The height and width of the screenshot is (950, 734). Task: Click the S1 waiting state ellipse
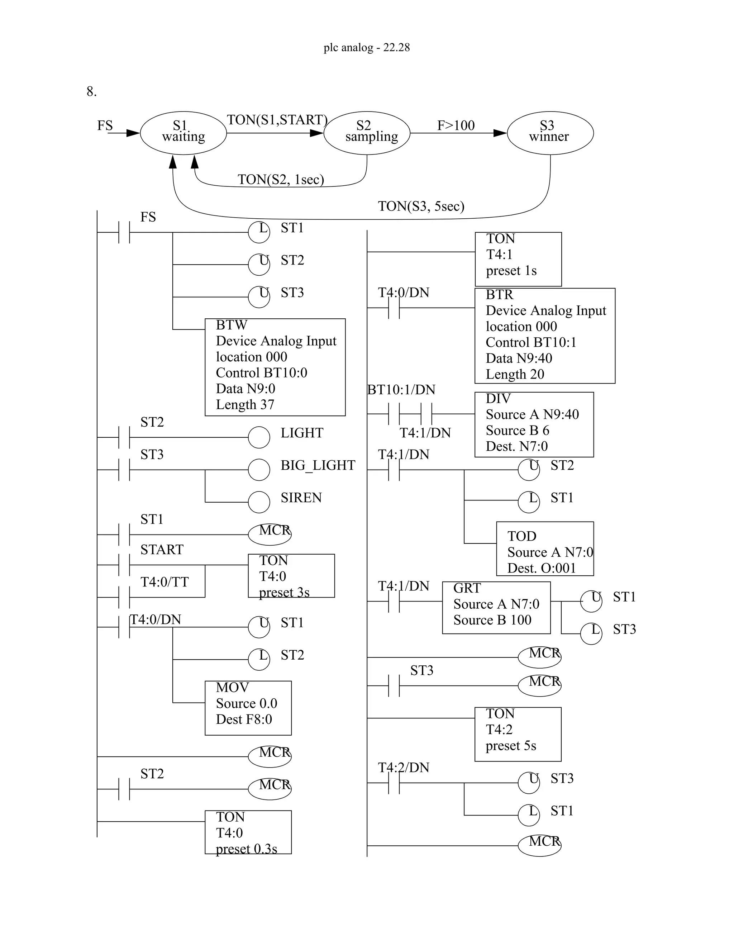tap(183, 133)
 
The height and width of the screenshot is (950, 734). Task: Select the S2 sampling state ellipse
tap(367, 133)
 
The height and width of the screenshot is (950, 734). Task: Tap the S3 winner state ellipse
tap(550, 133)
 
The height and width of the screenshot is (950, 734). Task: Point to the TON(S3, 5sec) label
tap(421, 206)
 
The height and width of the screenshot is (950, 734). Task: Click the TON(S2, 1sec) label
tap(281, 180)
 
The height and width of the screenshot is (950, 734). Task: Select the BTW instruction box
tap(275, 367)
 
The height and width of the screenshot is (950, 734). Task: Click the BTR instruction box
tap(544, 336)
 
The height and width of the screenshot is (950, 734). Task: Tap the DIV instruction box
tap(534, 424)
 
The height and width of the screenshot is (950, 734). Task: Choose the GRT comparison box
tap(496, 607)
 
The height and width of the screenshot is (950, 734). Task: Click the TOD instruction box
tap(544, 548)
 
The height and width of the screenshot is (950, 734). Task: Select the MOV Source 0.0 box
tap(248, 708)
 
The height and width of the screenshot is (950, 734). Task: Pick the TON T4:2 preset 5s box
tap(518, 734)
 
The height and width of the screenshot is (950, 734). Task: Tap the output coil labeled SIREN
tap(259, 502)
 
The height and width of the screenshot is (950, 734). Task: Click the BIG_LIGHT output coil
tap(259, 470)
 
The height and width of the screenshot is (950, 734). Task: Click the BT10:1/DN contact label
tap(401, 390)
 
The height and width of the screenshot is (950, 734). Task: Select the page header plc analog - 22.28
tap(367, 47)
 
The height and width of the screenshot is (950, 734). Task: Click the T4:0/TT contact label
tap(165, 582)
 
